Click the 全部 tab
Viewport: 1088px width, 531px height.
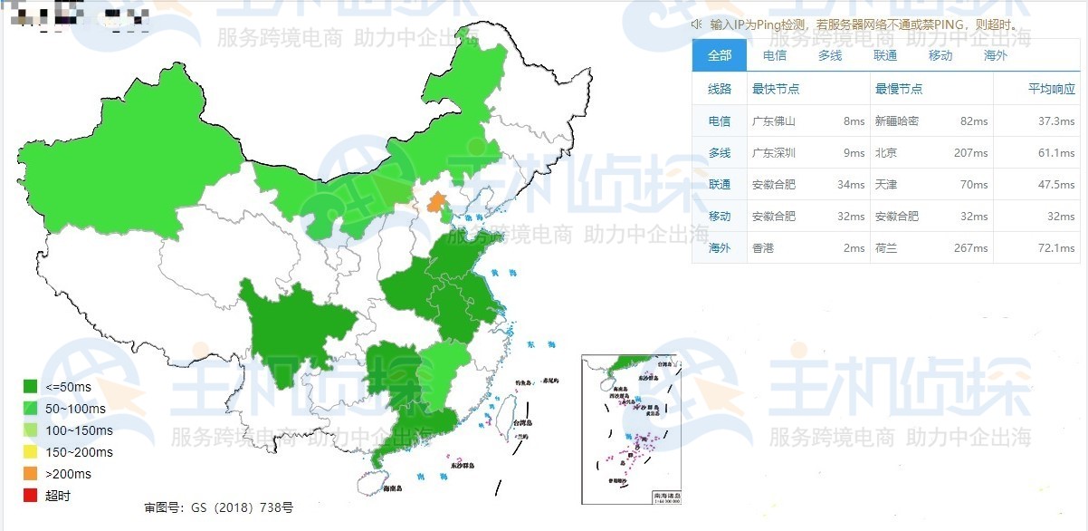coord(720,55)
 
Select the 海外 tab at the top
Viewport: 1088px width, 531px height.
coord(995,55)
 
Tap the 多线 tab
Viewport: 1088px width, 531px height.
coord(830,55)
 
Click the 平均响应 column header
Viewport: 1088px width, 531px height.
coord(1052,89)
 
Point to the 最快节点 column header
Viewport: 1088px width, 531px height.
coord(776,89)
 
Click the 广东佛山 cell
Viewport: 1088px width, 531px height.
coord(774,121)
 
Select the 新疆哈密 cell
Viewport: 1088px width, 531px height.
coord(897,121)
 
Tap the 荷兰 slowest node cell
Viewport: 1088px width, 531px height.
coord(886,247)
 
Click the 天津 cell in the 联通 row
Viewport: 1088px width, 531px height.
coord(886,184)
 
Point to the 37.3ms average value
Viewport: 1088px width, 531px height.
coord(1056,121)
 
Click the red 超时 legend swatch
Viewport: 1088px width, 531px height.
coord(31,495)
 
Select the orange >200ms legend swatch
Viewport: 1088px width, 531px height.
coord(31,473)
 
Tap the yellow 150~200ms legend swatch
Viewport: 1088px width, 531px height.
coord(31,451)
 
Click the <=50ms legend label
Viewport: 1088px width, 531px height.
coord(68,386)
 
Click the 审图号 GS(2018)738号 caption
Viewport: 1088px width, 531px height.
coord(218,507)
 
